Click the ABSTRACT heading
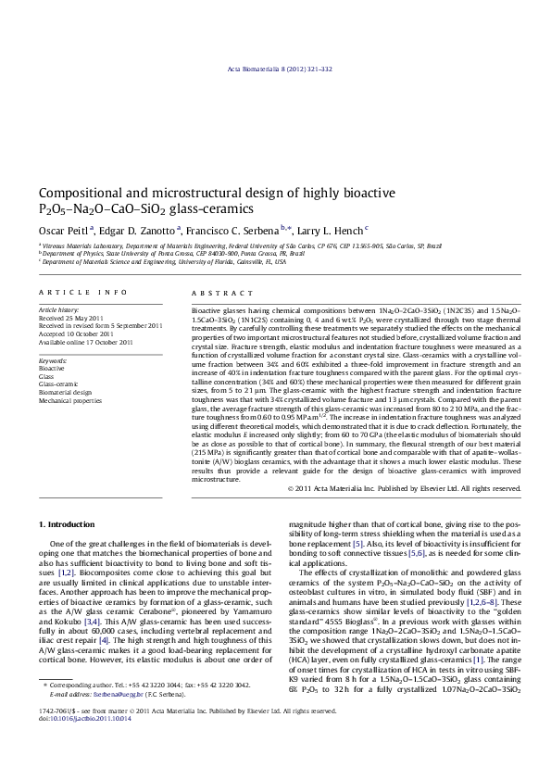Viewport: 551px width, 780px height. click(x=215, y=292)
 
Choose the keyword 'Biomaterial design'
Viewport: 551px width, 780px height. click(x=66, y=392)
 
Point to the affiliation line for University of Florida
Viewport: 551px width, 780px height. click(x=163, y=262)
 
